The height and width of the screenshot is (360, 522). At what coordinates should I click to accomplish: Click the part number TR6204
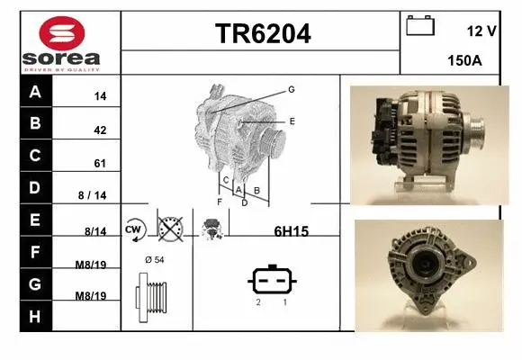click(x=263, y=34)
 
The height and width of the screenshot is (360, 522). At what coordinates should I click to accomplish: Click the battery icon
click(x=419, y=24)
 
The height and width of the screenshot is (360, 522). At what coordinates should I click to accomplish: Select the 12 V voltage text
click(x=482, y=31)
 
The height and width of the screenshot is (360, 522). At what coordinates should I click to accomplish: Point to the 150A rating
click(x=463, y=61)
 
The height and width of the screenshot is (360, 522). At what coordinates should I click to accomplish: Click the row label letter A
click(x=35, y=92)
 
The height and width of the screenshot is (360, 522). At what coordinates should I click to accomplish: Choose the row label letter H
click(x=35, y=316)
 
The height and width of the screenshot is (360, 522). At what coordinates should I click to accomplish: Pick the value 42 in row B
click(x=100, y=130)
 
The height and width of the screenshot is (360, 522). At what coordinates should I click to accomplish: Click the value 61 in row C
click(x=100, y=164)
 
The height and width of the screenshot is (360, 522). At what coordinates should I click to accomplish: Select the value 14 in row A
click(x=100, y=95)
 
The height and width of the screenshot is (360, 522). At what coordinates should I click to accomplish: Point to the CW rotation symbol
click(x=134, y=229)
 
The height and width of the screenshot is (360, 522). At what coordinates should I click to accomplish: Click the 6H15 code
click(x=291, y=231)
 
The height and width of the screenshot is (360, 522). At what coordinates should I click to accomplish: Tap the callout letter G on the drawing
click(x=292, y=89)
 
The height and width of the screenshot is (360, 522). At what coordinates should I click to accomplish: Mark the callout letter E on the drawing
click(x=292, y=120)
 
